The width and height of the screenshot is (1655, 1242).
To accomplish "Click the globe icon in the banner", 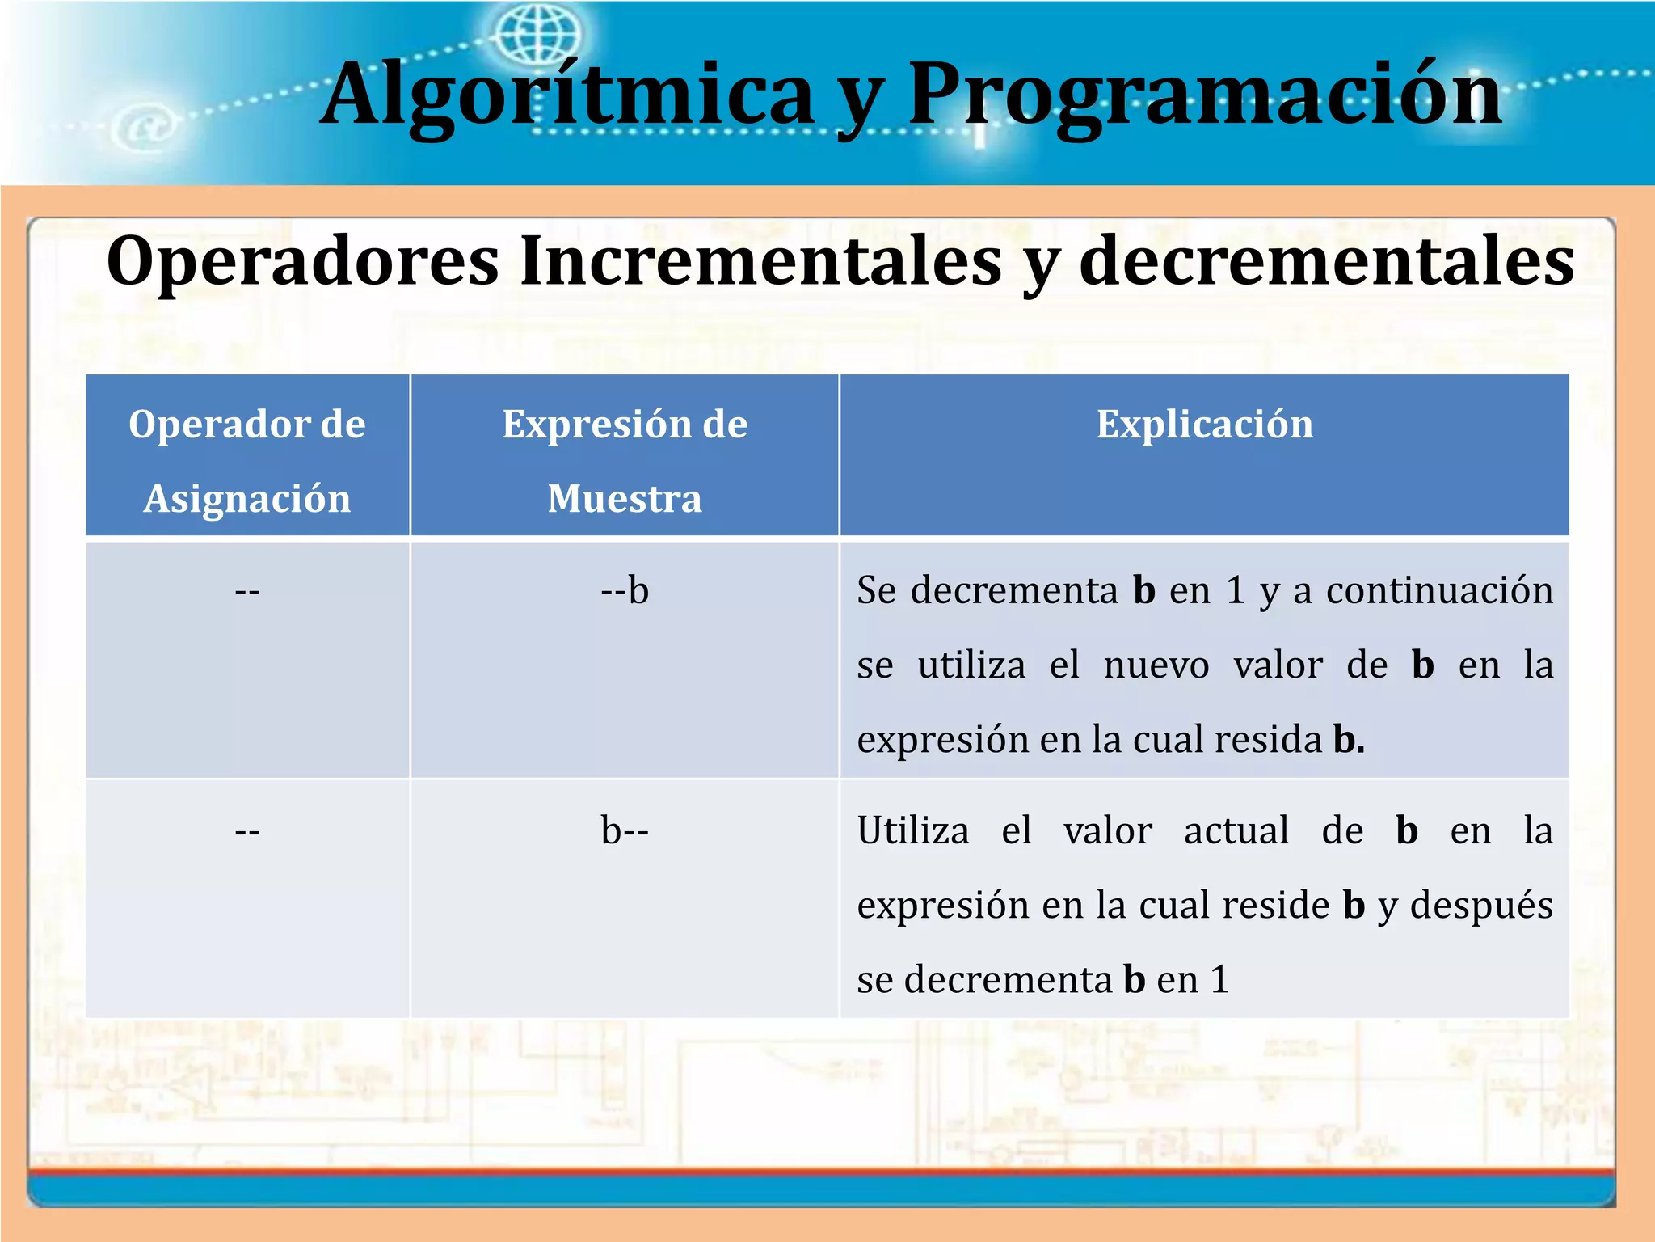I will click(537, 34).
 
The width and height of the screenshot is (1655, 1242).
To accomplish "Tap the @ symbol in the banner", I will click(146, 128).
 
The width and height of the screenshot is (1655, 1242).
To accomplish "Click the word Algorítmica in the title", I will click(566, 95).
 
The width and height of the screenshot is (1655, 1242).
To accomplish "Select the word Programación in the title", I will click(1204, 95).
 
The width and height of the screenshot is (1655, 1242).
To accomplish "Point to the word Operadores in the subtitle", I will click(303, 261).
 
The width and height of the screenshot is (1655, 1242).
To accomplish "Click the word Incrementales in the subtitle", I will click(760, 261).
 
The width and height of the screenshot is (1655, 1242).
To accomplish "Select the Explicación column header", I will click(1204, 425).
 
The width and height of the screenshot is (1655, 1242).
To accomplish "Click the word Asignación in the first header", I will click(247, 499).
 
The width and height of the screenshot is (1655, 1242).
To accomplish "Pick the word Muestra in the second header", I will click(625, 499).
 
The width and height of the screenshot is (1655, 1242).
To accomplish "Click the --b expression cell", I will click(625, 591).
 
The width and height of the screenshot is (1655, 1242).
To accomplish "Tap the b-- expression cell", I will click(625, 831).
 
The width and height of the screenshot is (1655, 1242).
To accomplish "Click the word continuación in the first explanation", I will click(1439, 591).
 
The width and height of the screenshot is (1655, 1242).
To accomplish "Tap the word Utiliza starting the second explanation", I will click(913, 831).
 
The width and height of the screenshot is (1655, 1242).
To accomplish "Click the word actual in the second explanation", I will click(1236, 831).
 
